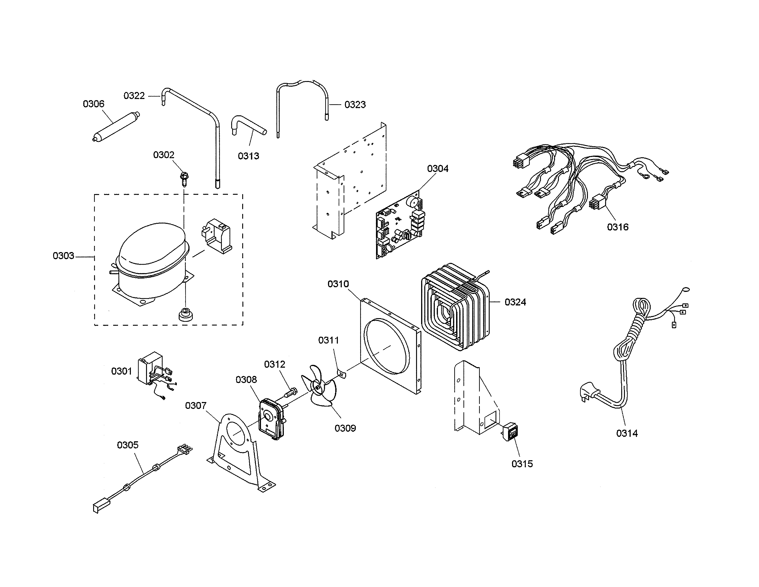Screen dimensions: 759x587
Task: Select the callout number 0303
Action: pos(64,256)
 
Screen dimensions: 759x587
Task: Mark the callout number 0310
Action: pos(338,284)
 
